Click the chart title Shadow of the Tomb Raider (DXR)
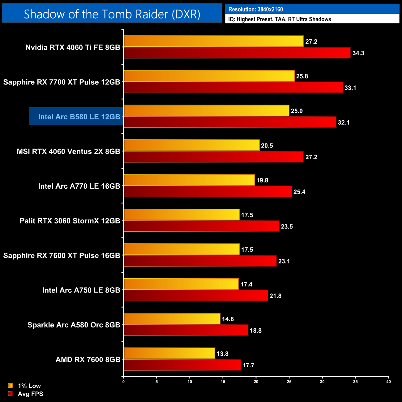(112, 14)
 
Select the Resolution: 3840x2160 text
(255, 9)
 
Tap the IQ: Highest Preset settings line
(280, 19)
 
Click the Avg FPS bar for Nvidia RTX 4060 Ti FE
(237, 53)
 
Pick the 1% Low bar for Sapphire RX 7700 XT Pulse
(209, 76)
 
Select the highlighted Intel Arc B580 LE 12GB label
(79, 117)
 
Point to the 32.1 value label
(344, 122)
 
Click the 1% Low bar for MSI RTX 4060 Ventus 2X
(192, 145)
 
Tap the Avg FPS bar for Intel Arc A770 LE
(208, 192)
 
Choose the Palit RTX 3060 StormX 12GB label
(70, 221)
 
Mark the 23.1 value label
(284, 261)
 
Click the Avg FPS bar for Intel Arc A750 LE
(196, 296)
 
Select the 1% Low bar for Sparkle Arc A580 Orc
(172, 319)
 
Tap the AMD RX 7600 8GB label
(88, 360)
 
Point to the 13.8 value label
(222, 354)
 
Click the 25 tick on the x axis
(289, 382)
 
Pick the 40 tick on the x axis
(388, 382)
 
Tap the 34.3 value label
(358, 53)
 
